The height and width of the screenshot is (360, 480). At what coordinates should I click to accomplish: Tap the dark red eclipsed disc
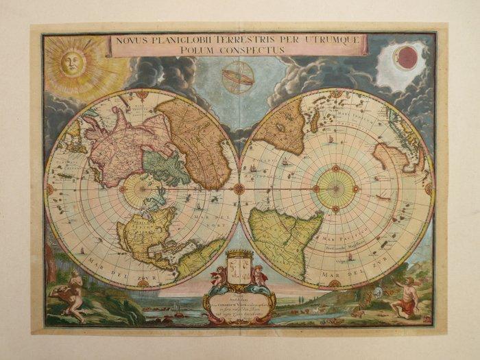pyautogui.click(x=407, y=58)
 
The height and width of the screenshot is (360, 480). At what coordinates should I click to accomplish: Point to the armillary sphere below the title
pyautogui.click(x=239, y=77)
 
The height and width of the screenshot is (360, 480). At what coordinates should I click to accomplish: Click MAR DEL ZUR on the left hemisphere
pyautogui.click(x=103, y=263)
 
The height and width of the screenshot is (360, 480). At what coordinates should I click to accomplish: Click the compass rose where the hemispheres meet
pyautogui.click(x=239, y=188)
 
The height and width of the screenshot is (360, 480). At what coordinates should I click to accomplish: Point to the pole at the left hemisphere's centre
pyautogui.click(x=143, y=189)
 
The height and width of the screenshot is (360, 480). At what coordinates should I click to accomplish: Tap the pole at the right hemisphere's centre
pyautogui.click(x=336, y=189)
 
